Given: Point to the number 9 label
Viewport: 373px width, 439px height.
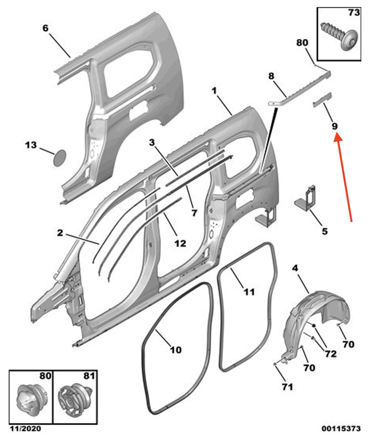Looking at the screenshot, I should (335, 126).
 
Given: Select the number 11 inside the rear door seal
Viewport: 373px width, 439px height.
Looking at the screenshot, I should (249, 292).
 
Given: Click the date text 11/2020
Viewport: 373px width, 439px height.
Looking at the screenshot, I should (24, 429).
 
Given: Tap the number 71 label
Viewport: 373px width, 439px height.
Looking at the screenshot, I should (287, 387).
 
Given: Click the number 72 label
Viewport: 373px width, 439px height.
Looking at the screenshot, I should (331, 354).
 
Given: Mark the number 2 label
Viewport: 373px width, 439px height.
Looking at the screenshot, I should (60, 233).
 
